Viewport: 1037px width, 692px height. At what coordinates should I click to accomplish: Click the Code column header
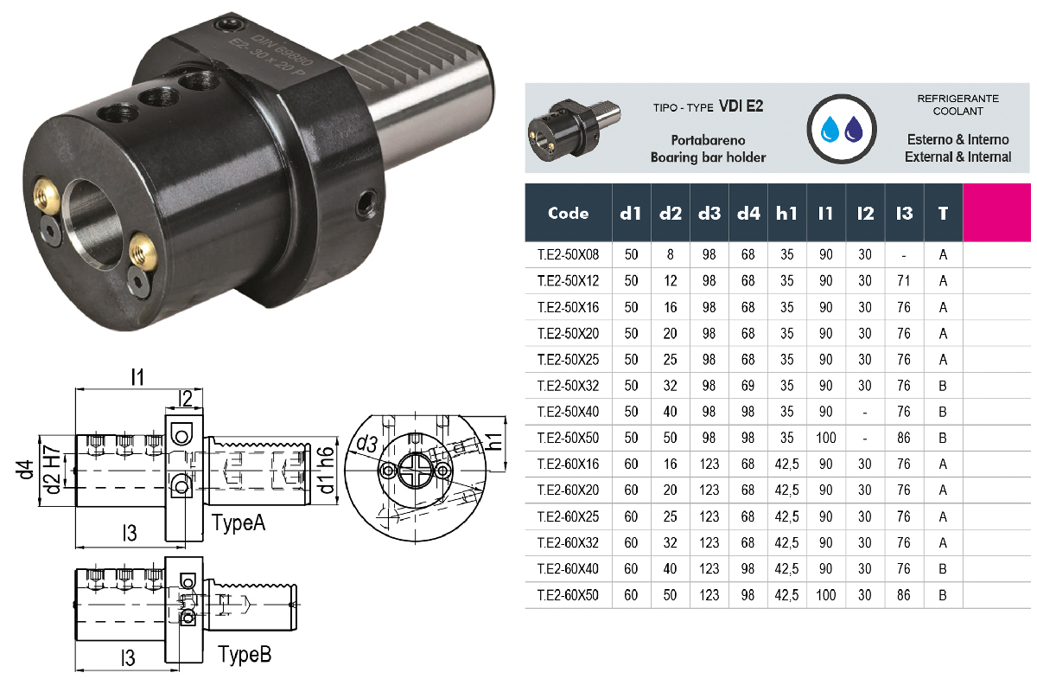point(568,213)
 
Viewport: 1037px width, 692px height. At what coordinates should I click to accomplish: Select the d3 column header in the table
point(709,213)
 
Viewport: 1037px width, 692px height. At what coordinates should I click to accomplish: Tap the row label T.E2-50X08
point(568,254)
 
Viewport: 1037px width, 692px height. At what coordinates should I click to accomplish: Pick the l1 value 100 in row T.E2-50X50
point(825,438)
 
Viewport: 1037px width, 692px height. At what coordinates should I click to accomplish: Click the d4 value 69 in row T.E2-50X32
point(748,386)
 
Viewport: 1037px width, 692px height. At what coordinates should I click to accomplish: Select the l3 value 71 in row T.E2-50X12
point(903,281)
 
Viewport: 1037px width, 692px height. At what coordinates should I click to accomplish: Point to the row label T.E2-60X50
point(568,594)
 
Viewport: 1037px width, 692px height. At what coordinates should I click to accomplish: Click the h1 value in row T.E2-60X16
point(786,464)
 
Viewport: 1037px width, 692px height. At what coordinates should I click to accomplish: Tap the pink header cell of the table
point(996,212)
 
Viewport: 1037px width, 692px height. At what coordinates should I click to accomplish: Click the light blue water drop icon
point(829,129)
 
